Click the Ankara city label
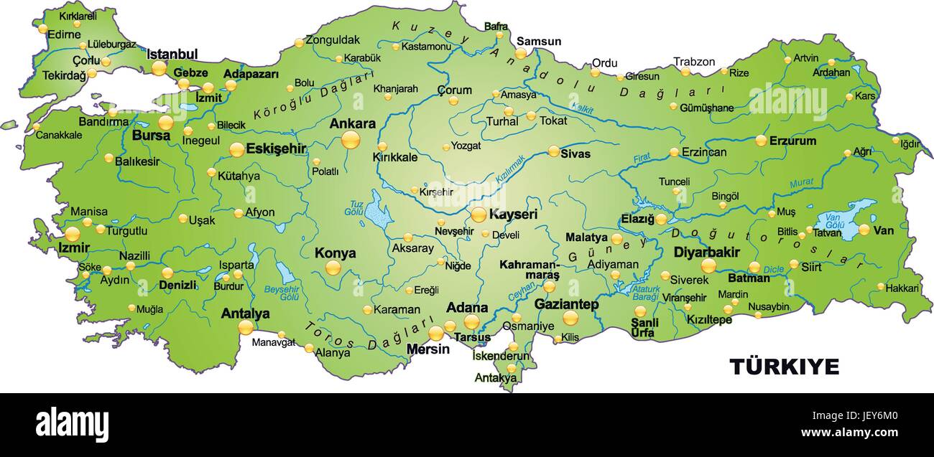click(352, 123)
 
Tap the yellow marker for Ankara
click(351, 139)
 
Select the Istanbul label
click(172, 54)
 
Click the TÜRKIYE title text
click(784, 367)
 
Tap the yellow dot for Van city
click(864, 230)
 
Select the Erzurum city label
click(792, 141)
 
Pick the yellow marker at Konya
click(333, 268)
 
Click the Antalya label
click(245, 314)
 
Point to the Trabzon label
click(694, 62)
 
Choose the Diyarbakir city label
click(706, 252)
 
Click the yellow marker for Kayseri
click(478, 215)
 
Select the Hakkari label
click(902, 288)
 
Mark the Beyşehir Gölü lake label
click(281, 292)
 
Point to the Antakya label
click(495, 377)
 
